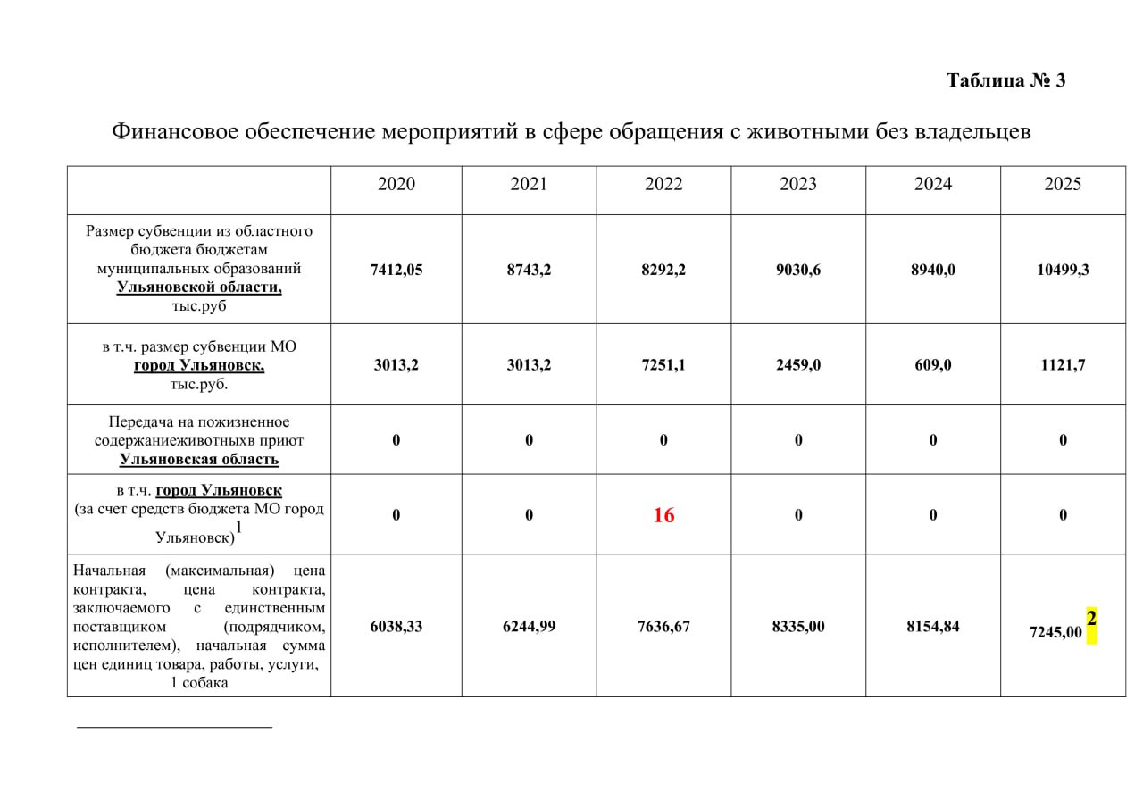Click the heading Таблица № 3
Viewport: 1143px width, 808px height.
(x=1005, y=80)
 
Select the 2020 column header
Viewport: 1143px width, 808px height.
(x=396, y=184)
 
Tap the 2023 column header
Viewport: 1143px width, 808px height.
(x=798, y=184)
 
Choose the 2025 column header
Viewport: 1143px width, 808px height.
(x=1063, y=184)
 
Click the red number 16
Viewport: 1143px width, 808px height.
(x=663, y=515)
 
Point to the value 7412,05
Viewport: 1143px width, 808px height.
(x=396, y=270)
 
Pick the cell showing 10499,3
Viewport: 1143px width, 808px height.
(x=1063, y=270)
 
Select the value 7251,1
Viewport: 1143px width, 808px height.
(x=663, y=365)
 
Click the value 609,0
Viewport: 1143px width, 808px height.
(x=933, y=365)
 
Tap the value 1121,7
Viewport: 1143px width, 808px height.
(x=1063, y=365)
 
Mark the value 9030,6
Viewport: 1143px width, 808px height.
(x=798, y=270)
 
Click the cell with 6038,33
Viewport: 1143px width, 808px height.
(x=396, y=627)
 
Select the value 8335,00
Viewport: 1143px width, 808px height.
(x=798, y=627)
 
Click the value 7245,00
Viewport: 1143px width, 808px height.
(x=1055, y=632)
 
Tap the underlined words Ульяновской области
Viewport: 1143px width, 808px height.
(x=199, y=287)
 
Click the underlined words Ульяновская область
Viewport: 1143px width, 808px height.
(x=199, y=460)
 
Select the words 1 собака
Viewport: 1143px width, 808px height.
(x=199, y=683)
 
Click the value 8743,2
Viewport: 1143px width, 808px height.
(x=529, y=270)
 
